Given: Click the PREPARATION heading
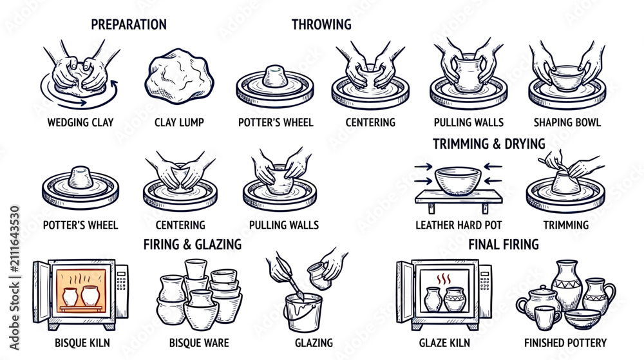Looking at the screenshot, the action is (x=129, y=24).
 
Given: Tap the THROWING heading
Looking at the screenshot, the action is (x=321, y=24).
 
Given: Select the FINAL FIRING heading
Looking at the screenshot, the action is (x=504, y=245).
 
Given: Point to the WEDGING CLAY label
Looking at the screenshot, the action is (x=80, y=122).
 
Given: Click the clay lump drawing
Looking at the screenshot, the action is (x=179, y=77).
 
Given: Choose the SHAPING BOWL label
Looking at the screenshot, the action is (x=567, y=122).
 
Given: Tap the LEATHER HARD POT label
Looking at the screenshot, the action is (x=459, y=225).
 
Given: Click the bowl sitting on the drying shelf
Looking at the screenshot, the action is (x=458, y=180).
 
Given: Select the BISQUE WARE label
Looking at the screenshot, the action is (x=199, y=343).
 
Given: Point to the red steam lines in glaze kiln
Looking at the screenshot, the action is (x=444, y=279).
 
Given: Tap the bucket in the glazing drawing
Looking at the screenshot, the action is (x=304, y=312).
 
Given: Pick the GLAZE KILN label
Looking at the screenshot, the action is (x=444, y=343).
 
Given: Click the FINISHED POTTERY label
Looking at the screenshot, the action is (x=565, y=343).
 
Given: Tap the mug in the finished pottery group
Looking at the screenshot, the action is (x=548, y=317).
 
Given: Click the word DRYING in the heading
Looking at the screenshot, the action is (x=524, y=144).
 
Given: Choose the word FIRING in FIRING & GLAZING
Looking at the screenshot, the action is (x=161, y=245).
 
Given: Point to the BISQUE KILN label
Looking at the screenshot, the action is (x=82, y=343).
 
